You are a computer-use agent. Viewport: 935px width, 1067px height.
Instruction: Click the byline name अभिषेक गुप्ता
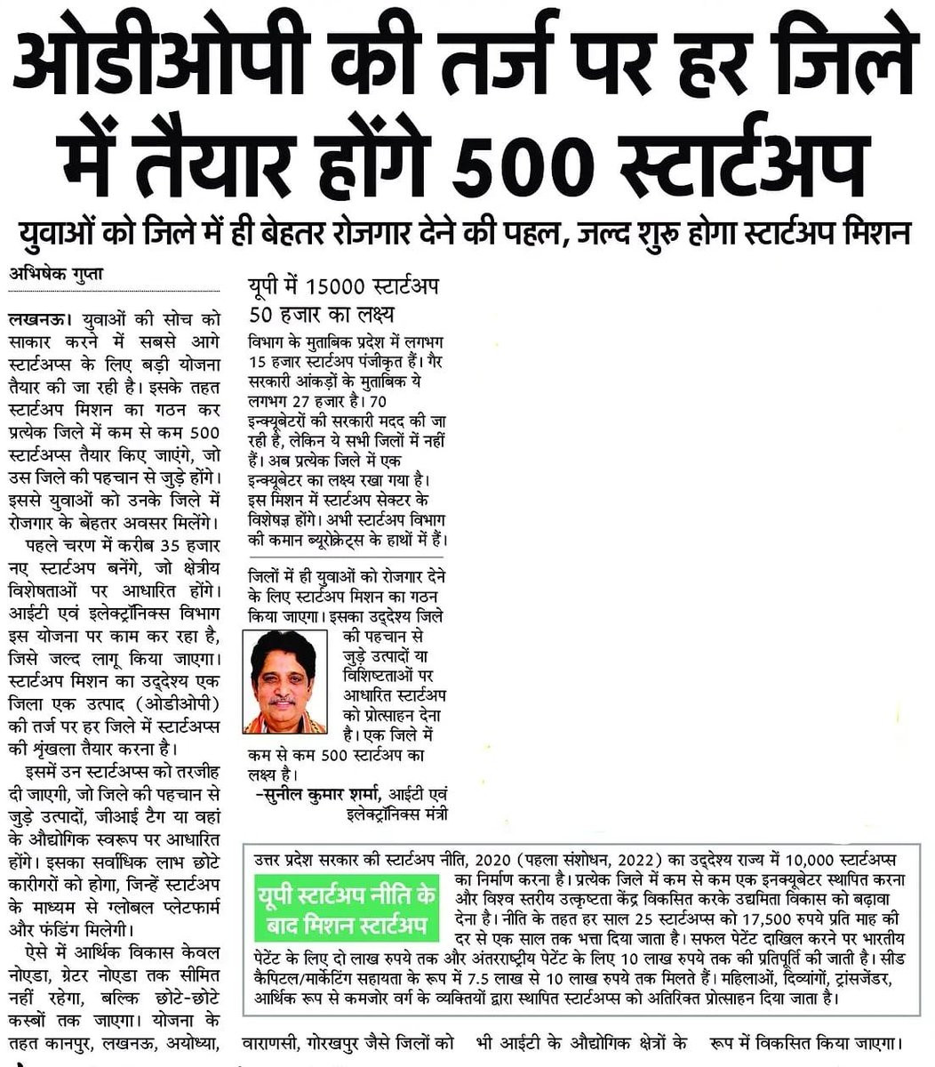click(x=54, y=274)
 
